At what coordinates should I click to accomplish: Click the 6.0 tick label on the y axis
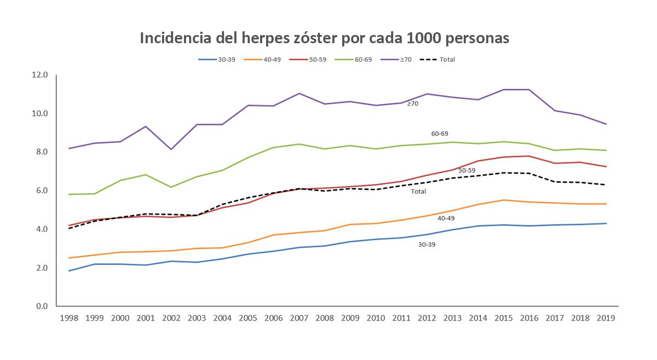coord(42,190)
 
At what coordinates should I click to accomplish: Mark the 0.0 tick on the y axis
coord(42,306)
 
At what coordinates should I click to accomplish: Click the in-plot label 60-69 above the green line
coord(440,133)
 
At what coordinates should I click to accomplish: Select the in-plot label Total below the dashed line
coord(418,191)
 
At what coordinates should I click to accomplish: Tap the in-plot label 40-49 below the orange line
coord(446,218)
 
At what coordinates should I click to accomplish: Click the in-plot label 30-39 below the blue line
coord(427,245)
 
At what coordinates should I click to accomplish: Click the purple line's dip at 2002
coord(171,149)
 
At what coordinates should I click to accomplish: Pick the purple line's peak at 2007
coord(299,94)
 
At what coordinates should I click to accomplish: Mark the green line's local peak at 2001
coord(145,175)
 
